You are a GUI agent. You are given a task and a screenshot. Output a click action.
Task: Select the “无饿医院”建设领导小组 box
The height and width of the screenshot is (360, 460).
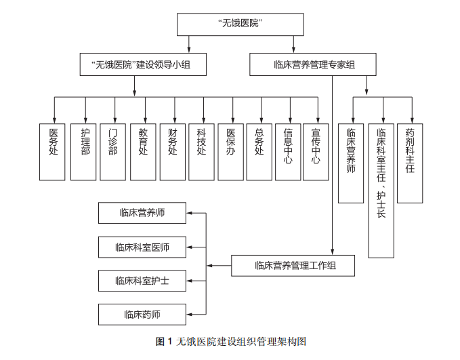142,65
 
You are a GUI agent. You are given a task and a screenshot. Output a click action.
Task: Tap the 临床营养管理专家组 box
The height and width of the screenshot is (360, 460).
314,65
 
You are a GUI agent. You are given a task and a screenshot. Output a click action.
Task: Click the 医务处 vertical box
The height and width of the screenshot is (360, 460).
53,152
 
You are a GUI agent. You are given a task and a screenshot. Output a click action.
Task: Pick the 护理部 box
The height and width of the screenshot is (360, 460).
84,152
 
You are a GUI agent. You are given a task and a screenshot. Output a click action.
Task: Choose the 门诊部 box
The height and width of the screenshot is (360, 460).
113,152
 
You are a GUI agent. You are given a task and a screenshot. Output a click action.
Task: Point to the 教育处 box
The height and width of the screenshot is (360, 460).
143,152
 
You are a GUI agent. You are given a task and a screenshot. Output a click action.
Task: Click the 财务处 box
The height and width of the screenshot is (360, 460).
172,152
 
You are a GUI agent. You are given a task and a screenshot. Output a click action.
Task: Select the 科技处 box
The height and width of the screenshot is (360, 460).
201,152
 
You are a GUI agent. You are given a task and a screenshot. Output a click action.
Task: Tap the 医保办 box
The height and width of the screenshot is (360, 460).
231,152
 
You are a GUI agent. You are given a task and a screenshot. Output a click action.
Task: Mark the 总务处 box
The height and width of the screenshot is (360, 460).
259,152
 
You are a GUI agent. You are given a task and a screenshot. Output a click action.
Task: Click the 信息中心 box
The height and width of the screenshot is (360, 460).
289,152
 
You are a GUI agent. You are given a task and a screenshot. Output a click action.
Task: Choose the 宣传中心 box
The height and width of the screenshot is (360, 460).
316,152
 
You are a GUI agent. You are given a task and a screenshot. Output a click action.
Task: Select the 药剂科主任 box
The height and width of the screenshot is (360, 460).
410,163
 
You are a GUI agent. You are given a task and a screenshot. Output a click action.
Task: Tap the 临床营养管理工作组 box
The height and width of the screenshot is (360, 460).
293,265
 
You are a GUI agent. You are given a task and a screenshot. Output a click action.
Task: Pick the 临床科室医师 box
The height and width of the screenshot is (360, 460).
142,247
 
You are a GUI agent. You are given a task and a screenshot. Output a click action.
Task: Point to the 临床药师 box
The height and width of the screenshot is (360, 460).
142,314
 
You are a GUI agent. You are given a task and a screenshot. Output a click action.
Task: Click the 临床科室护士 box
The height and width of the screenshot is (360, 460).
142,281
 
